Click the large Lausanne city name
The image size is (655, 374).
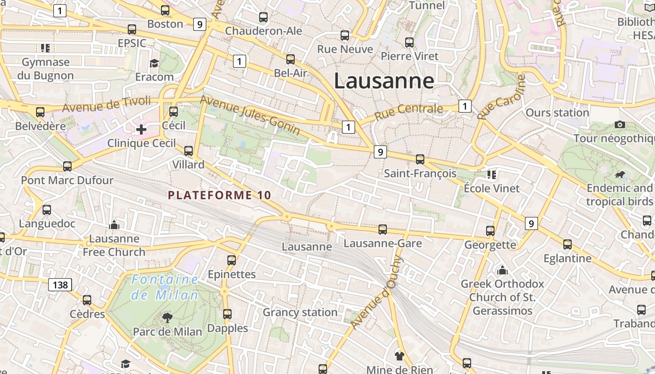384,81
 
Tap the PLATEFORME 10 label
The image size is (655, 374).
219,195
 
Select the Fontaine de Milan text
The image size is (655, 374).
165,288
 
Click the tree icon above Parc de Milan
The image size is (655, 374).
167,318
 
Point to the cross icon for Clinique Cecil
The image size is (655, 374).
141,129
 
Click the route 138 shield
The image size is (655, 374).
60,284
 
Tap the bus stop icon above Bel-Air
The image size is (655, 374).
291,59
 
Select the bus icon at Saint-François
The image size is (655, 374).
420,159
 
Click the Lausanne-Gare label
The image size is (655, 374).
383,243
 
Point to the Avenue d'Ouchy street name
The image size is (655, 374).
376,293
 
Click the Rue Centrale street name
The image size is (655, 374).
408,110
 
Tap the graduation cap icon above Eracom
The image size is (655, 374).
154,63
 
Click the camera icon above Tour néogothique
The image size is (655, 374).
620,124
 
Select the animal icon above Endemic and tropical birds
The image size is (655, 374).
620,175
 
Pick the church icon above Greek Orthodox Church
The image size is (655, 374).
502,270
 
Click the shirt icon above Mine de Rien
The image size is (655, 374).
399,356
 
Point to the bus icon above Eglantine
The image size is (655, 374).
568,245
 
